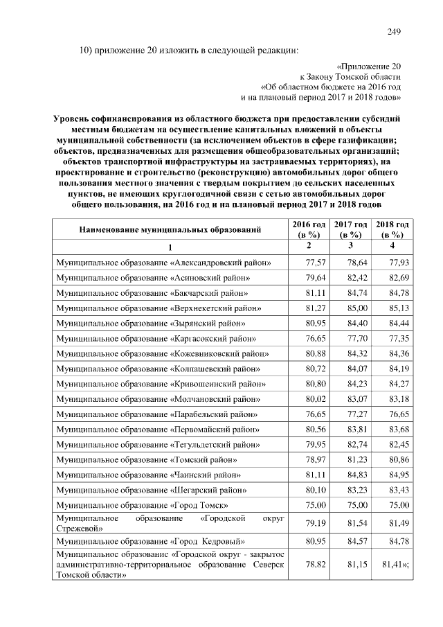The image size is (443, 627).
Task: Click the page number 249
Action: [x=394, y=32]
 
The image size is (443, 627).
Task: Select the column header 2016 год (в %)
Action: [x=309, y=229]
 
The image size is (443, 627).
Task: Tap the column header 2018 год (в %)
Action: [x=392, y=229]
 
